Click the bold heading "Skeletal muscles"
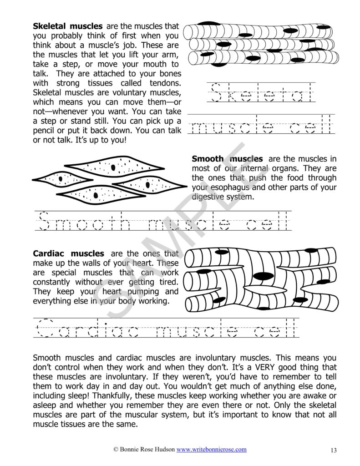[x=67, y=26]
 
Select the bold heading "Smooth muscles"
[x=227, y=159]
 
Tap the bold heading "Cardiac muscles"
[x=68, y=253]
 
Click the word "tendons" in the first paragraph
[x=165, y=83]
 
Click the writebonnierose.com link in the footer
[x=212, y=449]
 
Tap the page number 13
[x=333, y=451]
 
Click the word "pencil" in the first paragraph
[x=45, y=131]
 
